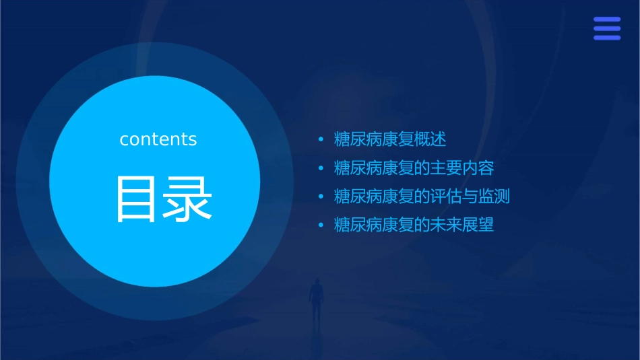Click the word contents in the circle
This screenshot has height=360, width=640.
(x=158, y=139)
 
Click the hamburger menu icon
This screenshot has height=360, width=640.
(x=606, y=29)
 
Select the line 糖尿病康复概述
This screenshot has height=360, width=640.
(x=390, y=140)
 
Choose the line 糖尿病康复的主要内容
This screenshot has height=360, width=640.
(x=414, y=168)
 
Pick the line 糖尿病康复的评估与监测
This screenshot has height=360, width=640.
(x=422, y=196)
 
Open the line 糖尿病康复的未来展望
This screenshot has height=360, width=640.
(x=414, y=225)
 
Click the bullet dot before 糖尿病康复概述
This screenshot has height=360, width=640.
(x=321, y=140)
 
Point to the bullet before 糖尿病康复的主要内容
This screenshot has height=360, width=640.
(x=321, y=168)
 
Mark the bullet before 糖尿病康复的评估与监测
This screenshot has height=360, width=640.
(x=321, y=196)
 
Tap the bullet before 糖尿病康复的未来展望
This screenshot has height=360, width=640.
(x=321, y=225)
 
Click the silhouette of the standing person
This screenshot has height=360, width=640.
(x=315, y=299)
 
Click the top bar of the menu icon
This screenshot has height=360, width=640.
(x=606, y=20)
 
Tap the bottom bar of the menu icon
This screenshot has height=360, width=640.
(x=606, y=38)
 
